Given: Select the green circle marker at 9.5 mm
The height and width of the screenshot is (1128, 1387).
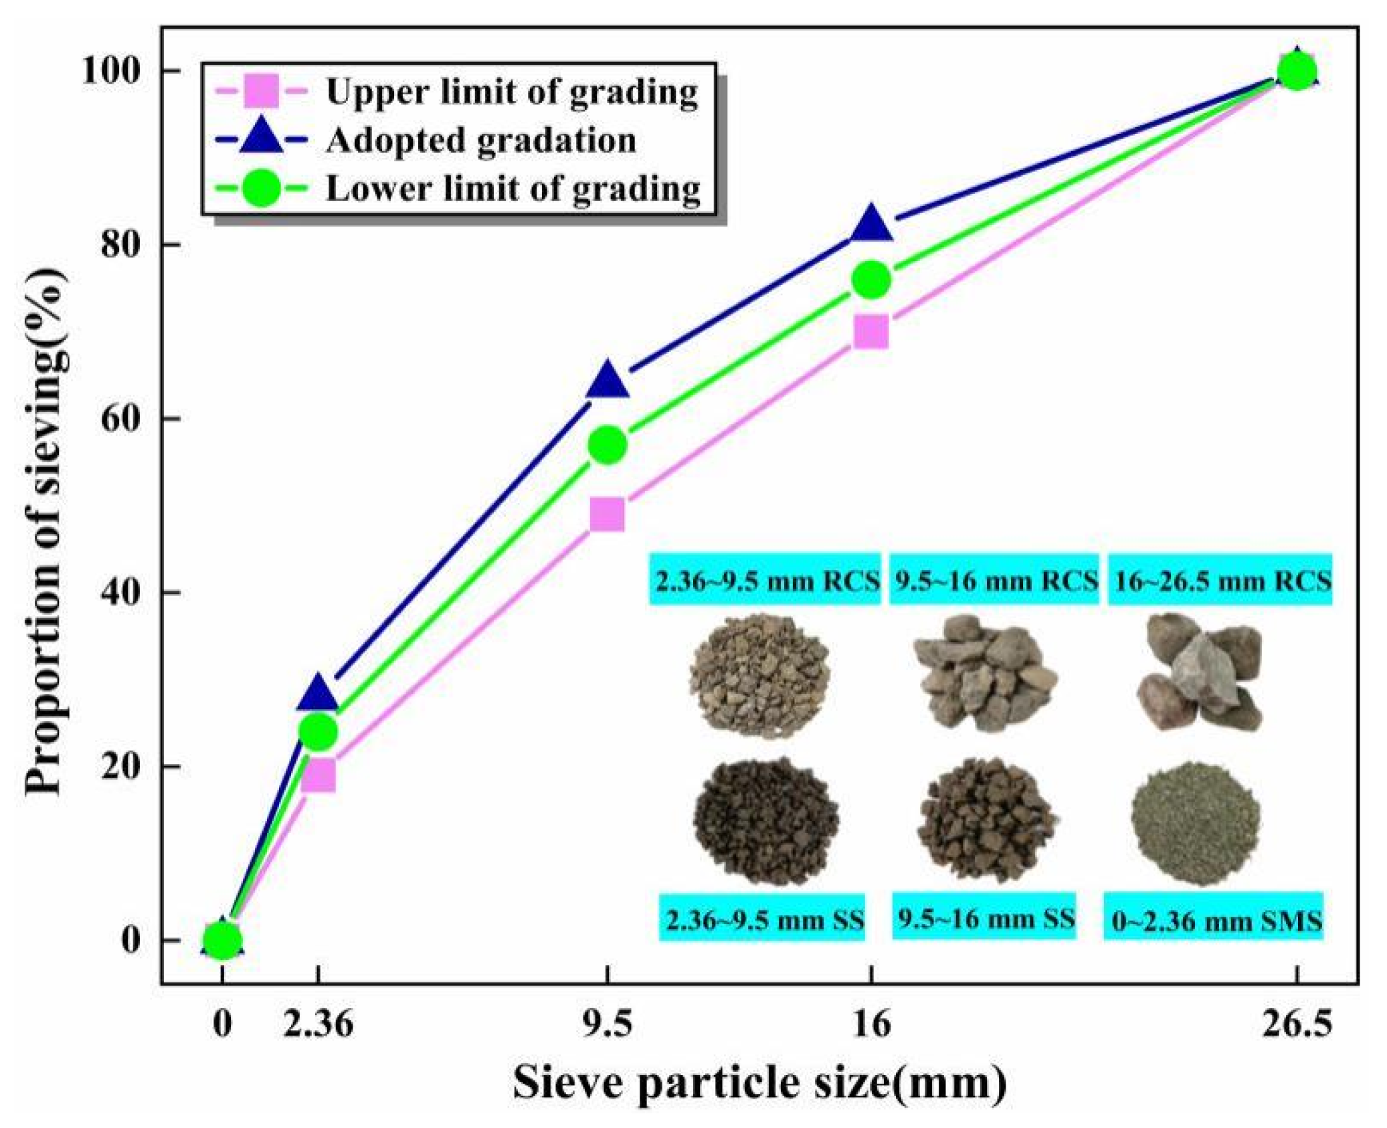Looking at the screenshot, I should (x=608, y=445).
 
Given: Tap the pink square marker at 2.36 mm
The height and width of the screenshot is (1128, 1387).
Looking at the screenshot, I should (x=318, y=776).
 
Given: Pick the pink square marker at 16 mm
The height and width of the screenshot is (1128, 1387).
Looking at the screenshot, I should (x=871, y=333).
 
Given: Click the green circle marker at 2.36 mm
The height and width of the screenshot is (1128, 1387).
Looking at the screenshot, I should (x=318, y=732).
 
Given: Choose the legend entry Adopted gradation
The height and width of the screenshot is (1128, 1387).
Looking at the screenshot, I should (x=480, y=140).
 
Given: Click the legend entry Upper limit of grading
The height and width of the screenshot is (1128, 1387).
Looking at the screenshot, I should (x=511, y=92).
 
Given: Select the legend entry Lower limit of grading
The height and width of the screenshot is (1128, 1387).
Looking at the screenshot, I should (x=513, y=189).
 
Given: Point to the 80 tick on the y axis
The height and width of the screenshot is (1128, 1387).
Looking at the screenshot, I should (x=122, y=245).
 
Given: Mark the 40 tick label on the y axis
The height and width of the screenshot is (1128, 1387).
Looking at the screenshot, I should (x=122, y=592).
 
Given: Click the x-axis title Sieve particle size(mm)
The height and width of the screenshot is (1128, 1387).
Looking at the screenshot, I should (x=759, y=1084).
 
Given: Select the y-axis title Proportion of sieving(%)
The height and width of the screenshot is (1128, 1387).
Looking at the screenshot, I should (x=47, y=532).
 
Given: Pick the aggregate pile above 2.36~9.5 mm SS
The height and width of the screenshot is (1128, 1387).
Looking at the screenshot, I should (x=765, y=821).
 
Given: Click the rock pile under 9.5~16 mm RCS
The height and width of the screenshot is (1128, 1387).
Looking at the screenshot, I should (x=986, y=672).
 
